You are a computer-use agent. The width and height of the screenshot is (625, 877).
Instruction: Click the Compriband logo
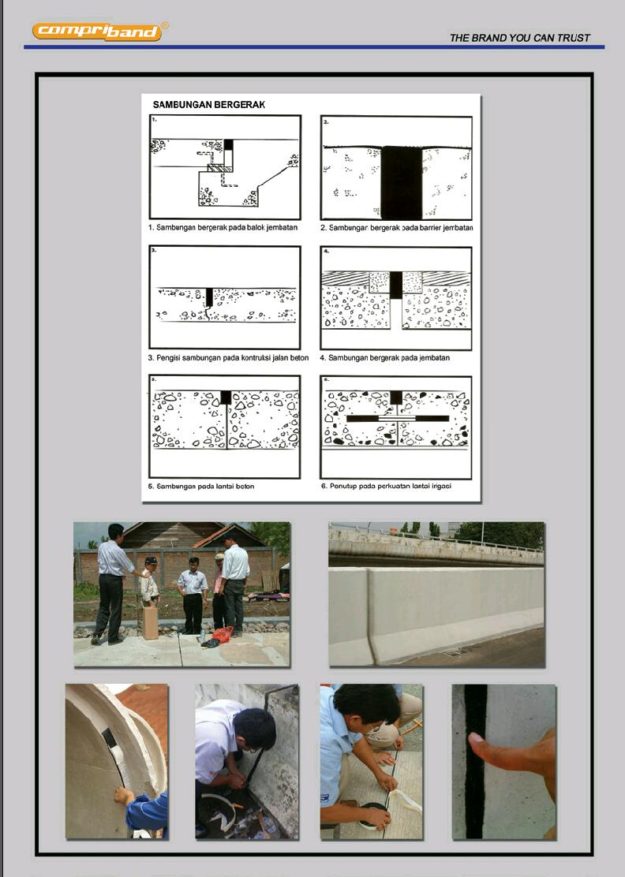(x=97, y=32)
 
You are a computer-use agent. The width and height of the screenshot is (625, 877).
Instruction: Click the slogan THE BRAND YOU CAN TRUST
(x=519, y=38)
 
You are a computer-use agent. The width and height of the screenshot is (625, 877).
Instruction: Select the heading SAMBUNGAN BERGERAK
(x=208, y=104)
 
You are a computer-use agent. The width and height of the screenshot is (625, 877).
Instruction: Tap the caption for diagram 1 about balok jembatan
(x=225, y=227)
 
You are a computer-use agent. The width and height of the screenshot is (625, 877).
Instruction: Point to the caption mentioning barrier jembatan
(x=396, y=227)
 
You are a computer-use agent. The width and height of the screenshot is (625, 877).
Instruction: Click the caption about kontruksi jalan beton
(x=228, y=358)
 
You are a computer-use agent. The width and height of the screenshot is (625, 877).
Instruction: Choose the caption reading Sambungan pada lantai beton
(x=201, y=487)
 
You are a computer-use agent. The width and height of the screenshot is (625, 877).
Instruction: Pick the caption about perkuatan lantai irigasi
(x=386, y=487)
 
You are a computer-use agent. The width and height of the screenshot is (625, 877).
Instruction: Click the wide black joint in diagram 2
(x=402, y=182)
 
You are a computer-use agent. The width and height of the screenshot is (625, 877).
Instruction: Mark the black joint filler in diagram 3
(x=209, y=297)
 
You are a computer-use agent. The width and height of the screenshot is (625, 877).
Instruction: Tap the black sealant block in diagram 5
(x=226, y=397)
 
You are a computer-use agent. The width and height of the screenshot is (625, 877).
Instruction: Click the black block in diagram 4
(x=395, y=285)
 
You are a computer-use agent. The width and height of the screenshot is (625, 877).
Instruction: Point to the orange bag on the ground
(x=223, y=633)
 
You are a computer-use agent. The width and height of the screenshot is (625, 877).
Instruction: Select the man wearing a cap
(x=149, y=584)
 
